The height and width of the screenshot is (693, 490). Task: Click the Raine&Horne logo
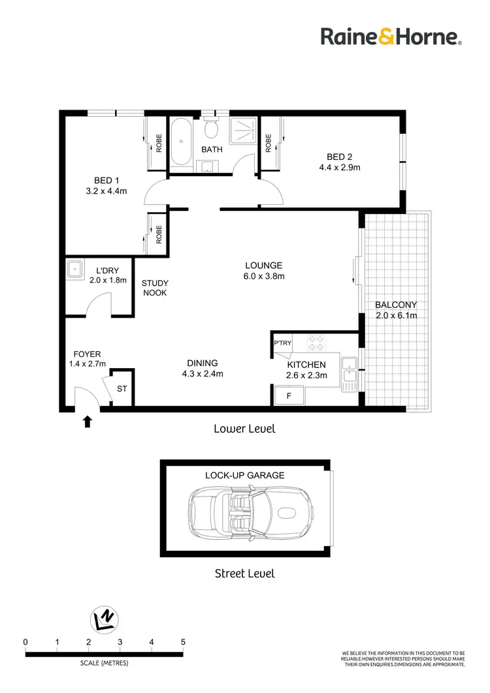coord(391,37)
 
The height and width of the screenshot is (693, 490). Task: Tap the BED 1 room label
coord(106,181)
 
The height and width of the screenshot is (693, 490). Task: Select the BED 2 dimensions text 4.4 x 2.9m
coord(339,167)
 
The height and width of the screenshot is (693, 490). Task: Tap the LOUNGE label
coord(263,266)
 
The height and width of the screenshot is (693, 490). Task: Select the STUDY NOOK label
coord(155,288)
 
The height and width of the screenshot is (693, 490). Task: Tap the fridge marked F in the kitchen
coord(289,395)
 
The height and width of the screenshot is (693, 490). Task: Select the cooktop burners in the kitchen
coord(317,343)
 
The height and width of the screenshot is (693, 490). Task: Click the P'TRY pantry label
coord(282,343)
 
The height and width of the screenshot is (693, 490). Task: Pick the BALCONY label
coord(395,305)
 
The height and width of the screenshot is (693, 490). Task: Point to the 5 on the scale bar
coord(183,642)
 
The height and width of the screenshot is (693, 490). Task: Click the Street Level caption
coord(244,574)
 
